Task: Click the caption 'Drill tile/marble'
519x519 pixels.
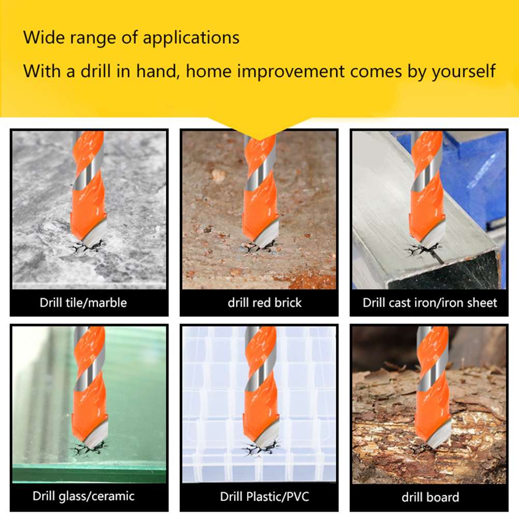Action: point(83,302)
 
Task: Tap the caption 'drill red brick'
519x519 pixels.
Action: point(265,302)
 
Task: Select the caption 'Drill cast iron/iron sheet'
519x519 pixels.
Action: point(429,302)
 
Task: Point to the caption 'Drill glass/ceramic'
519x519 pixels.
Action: point(83,496)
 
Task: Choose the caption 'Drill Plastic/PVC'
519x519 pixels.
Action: point(265,497)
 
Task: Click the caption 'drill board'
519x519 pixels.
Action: point(430,497)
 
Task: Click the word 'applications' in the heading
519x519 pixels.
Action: point(191,38)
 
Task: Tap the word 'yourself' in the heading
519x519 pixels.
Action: point(464,71)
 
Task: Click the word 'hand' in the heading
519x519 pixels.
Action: point(156,71)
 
